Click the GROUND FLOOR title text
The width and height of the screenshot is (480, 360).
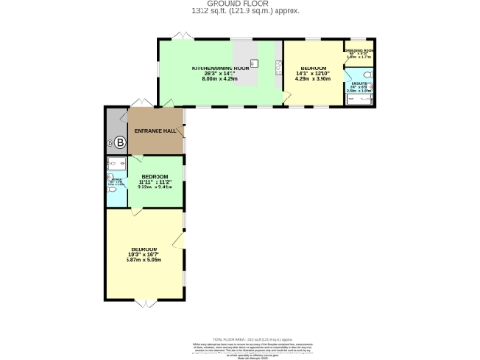[239, 5]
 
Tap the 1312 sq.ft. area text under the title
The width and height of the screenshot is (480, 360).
[239, 12]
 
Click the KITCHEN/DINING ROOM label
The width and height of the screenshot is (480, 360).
[220, 69]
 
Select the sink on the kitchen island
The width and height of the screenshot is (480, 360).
[253, 64]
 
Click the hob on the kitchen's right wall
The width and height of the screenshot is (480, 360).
[278, 67]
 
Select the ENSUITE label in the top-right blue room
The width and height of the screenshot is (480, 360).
[359, 85]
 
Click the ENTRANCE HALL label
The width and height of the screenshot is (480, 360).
[156, 130]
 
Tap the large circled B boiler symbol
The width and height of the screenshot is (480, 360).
[119, 142]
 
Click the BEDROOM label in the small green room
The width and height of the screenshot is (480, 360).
[155, 177]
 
